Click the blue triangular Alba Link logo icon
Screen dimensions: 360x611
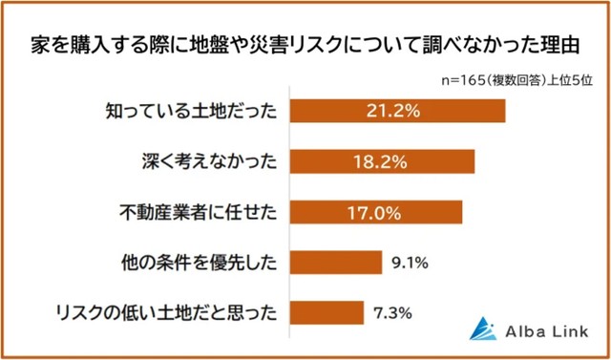click(486, 328)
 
